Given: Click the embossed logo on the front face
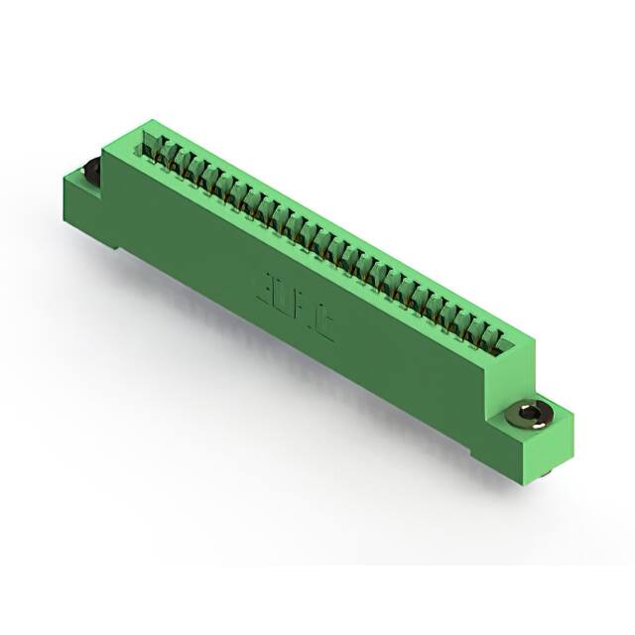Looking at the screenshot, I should [296, 308].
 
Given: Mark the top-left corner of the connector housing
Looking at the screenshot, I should [146, 122].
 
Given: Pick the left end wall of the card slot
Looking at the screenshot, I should [149, 139].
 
